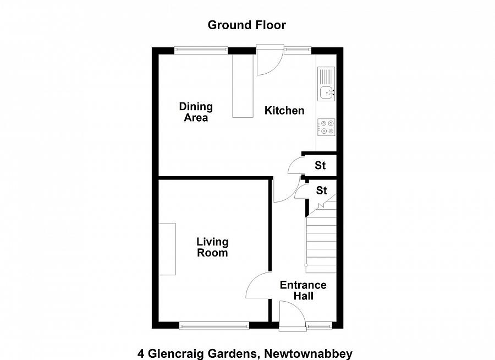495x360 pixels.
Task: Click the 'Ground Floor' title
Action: [247, 25]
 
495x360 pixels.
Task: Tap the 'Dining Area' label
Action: [196, 112]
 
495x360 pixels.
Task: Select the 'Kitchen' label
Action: [284, 111]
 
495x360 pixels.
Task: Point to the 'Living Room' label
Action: [212, 247]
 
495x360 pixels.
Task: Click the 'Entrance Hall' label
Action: [303, 290]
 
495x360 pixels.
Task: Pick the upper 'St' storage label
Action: [320, 165]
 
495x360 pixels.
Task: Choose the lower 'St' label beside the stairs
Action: [322, 190]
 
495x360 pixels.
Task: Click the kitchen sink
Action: [326, 92]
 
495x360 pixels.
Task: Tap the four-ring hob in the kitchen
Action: [326, 127]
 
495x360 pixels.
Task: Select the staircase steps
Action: [321, 242]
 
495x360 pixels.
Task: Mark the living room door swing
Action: [258, 286]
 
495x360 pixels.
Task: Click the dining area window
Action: [201, 50]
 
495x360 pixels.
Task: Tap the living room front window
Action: [215, 326]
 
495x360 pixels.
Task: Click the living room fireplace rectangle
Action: [168, 249]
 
